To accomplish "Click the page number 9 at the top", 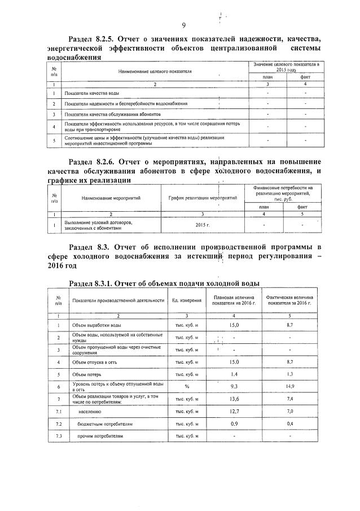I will (x=184, y=25).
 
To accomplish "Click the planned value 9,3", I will (x=234, y=386).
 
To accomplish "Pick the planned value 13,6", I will (x=234, y=399).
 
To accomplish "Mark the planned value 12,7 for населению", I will (x=234, y=411).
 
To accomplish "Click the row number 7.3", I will (x=59, y=436).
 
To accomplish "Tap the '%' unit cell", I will (x=187, y=386).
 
